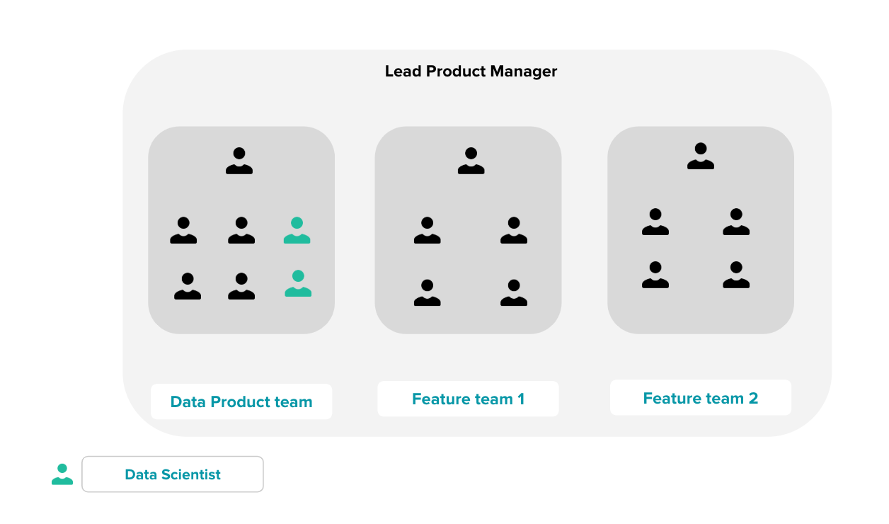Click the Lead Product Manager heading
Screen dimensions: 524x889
[x=471, y=72]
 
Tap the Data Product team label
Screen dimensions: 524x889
[x=241, y=402]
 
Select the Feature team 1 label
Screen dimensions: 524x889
[x=468, y=399]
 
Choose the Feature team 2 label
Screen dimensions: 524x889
[x=700, y=399]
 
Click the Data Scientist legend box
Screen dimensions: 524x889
[x=173, y=474]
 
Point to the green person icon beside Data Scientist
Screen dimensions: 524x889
[x=62, y=474]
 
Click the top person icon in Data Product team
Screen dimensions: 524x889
[x=239, y=161]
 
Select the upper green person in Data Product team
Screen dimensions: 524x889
[x=297, y=231]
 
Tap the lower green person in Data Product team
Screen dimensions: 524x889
[x=298, y=283]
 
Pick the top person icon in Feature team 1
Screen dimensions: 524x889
[x=471, y=161]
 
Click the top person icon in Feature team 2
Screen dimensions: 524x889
[x=701, y=156]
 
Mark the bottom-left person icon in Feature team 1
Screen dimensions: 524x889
[x=427, y=293]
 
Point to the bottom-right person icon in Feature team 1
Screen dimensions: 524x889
[x=514, y=293]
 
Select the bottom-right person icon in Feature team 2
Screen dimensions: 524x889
[x=736, y=275]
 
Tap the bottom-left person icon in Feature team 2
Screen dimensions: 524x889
[x=655, y=275]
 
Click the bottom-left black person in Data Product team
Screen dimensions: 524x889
[x=188, y=287]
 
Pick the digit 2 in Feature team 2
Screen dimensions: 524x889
[x=753, y=399]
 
